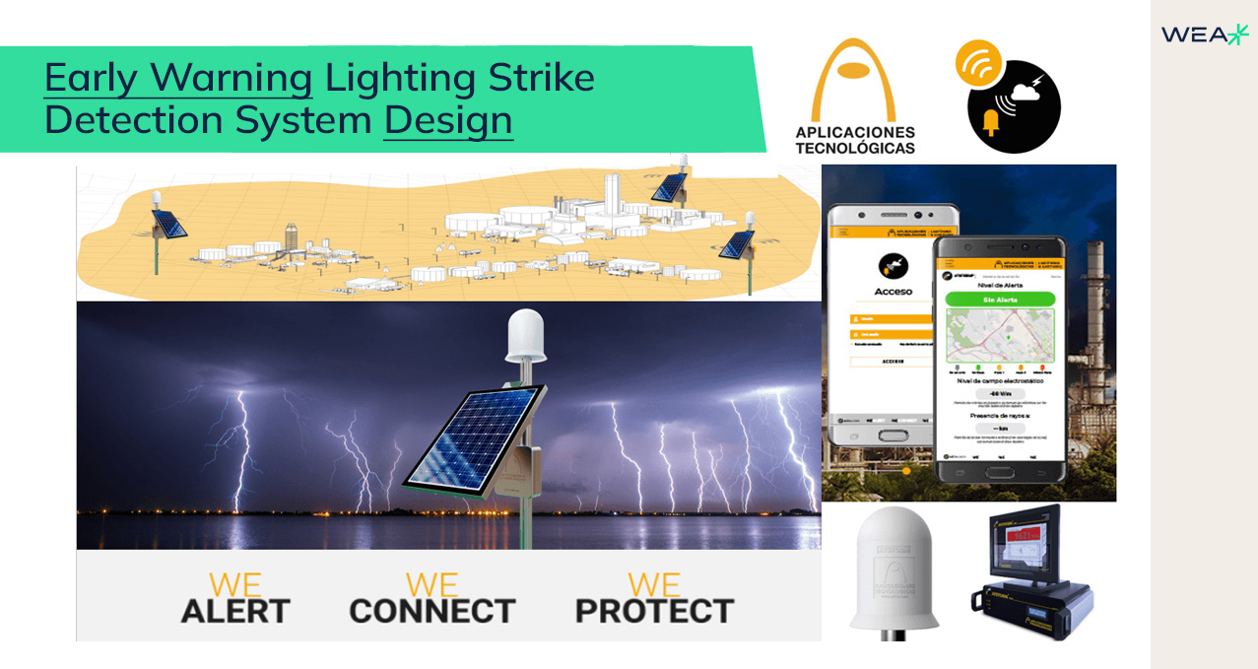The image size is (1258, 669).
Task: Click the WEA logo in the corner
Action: tap(1204, 35)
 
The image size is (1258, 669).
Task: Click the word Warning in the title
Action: tap(232, 78)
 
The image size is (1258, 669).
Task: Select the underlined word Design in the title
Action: tap(448, 120)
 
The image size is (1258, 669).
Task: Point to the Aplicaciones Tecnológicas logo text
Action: tap(855, 140)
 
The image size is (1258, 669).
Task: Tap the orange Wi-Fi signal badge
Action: tap(978, 62)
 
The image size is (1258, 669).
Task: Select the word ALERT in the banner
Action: tap(235, 611)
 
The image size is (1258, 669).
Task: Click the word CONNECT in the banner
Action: tap(432, 611)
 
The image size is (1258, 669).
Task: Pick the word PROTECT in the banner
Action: tap(654, 611)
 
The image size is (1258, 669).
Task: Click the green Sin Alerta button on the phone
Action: tap(1000, 299)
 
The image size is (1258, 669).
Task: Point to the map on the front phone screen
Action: tap(1000, 335)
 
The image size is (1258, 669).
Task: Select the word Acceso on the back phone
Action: tap(893, 292)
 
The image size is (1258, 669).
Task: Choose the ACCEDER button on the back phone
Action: tap(893, 361)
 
